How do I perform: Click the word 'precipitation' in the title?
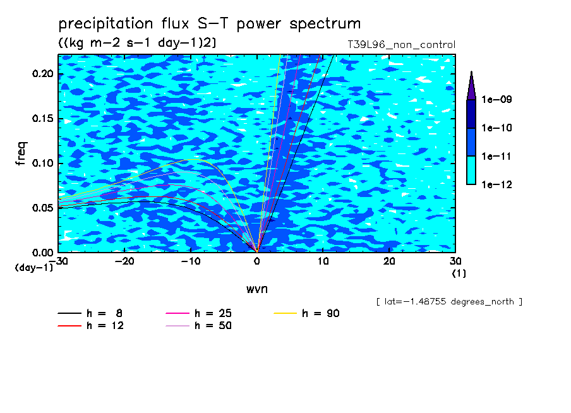(x=106, y=24)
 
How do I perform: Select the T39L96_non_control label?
(x=401, y=45)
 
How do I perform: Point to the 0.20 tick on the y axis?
(x=42, y=74)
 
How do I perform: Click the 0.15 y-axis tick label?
(x=42, y=119)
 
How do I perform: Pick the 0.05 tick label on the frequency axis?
(x=42, y=208)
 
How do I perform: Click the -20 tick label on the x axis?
(x=124, y=261)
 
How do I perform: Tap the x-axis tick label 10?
(x=323, y=261)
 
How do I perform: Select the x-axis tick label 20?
(x=389, y=261)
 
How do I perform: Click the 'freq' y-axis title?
(x=21, y=153)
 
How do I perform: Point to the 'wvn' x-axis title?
(x=257, y=289)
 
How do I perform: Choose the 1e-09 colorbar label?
(x=496, y=99)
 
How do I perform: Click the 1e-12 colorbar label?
(x=496, y=184)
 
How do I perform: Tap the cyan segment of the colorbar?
(x=471, y=170)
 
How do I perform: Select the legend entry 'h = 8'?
(x=90, y=313)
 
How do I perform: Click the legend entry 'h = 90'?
(x=306, y=313)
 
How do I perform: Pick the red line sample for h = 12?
(x=69, y=326)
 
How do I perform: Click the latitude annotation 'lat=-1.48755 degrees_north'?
(x=449, y=302)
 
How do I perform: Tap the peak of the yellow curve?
(x=193, y=160)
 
